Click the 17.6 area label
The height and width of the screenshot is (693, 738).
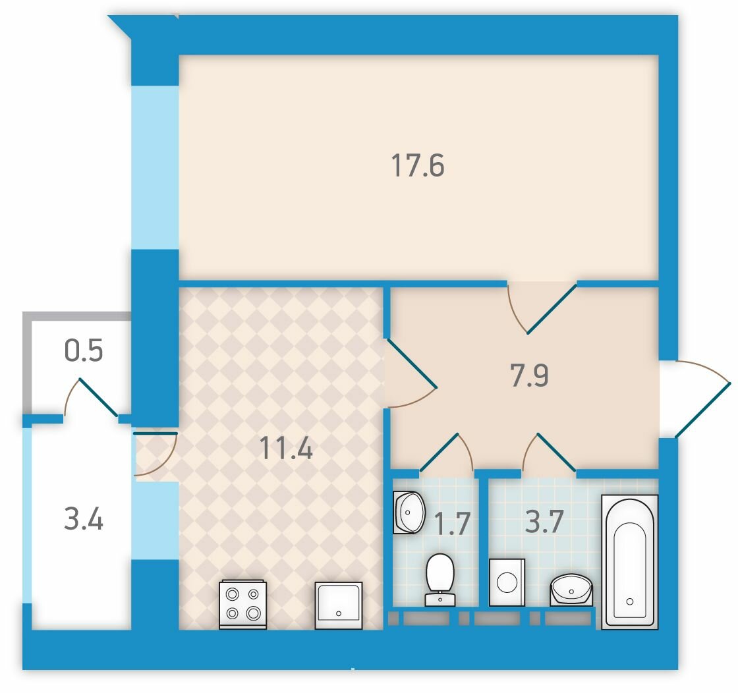point(418,165)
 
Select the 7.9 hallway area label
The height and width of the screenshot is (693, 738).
point(530,375)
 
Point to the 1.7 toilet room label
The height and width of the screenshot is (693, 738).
point(452,524)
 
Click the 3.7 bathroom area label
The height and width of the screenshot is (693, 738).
point(544,521)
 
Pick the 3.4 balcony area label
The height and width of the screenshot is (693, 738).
point(83,519)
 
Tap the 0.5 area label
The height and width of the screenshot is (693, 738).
point(83,351)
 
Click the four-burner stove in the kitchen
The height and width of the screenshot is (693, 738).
point(243,605)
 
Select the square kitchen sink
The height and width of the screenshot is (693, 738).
point(339,605)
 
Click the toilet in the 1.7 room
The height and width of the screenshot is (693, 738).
point(440,579)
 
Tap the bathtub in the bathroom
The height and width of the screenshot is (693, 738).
point(630,562)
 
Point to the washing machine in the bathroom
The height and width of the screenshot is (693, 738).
point(507,582)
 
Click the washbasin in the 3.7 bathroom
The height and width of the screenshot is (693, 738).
point(571,590)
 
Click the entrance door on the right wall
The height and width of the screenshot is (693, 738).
point(696,399)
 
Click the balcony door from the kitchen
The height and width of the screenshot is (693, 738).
point(156,454)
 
